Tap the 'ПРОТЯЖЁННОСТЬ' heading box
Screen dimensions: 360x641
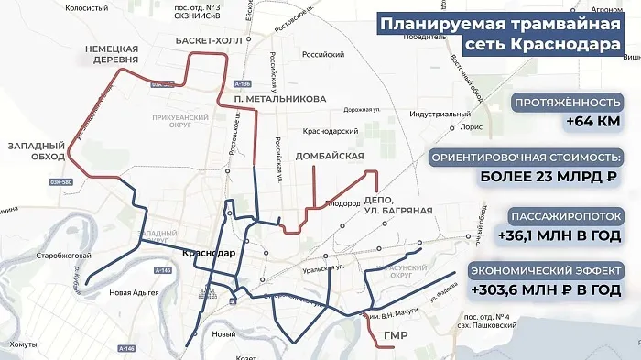pyautogui.click(x=560, y=103)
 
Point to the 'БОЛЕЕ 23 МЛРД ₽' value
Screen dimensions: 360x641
pyautogui.click(x=546, y=177)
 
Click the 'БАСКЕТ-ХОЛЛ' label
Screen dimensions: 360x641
pyautogui.click(x=212, y=41)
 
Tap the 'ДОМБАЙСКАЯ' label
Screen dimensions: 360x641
pyautogui.click(x=330, y=157)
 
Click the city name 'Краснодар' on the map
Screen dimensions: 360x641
pyautogui.click(x=209, y=254)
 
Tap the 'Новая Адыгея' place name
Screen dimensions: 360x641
pyautogui.click(x=136, y=294)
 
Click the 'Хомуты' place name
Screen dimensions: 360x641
pyautogui.click(x=22, y=344)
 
